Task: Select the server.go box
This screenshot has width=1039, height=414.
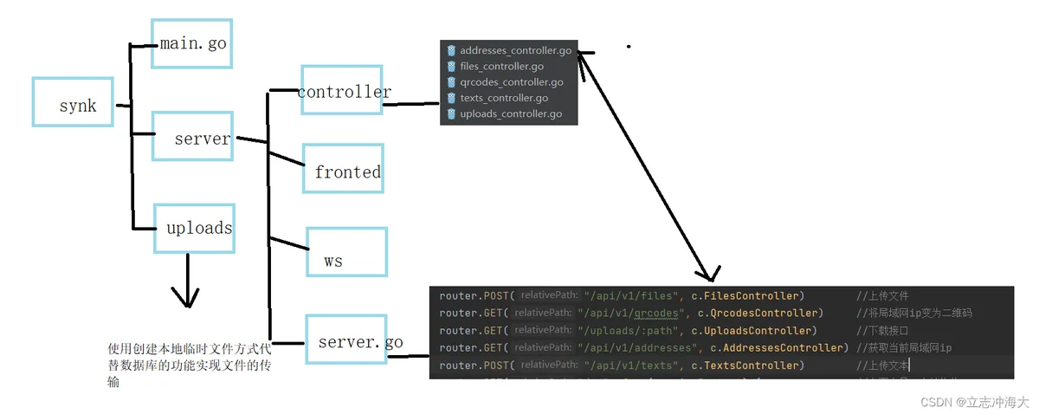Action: [x=357, y=340]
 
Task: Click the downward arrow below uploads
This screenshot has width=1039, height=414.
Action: [x=184, y=281]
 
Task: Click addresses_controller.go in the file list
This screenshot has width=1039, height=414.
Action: [x=515, y=51]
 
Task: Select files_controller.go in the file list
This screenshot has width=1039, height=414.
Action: [x=501, y=67]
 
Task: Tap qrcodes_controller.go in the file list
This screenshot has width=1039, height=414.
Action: [x=511, y=82]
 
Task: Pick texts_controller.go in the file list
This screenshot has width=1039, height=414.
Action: [x=504, y=98]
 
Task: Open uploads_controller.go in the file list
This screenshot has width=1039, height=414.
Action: [x=511, y=113]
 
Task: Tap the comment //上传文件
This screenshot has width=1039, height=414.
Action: [x=882, y=296]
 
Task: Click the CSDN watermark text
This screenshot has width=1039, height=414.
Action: [x=974, y=402]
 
